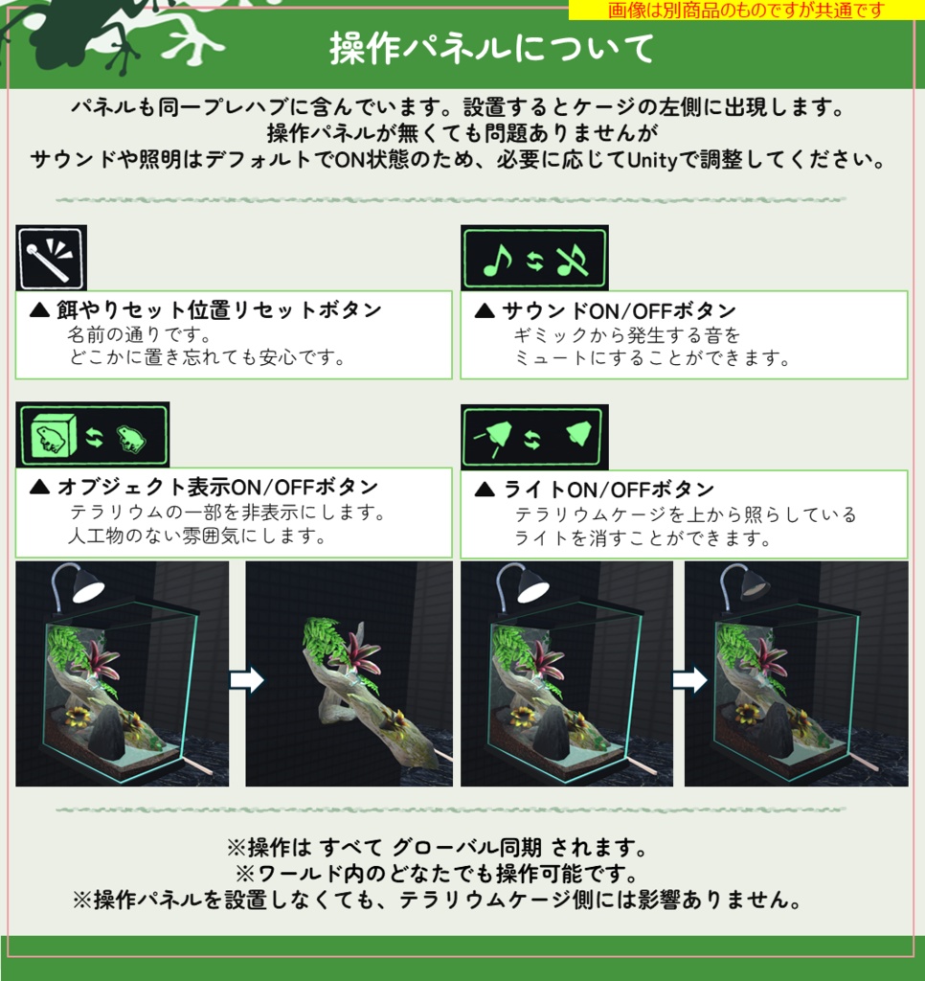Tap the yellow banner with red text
(x=745, y=10)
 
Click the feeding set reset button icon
(x=51, y=258)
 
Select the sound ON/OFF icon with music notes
(x=533, y=258)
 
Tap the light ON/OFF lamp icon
(x=533, y=437)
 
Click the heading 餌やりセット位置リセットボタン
(x=206, y=310)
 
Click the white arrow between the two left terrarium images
(x=246, y=680)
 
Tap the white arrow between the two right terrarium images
(x=689, y=680)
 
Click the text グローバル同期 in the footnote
(x=481, y=848)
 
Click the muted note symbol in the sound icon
(x=573, y=258)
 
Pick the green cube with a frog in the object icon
(x=52, y=437)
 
